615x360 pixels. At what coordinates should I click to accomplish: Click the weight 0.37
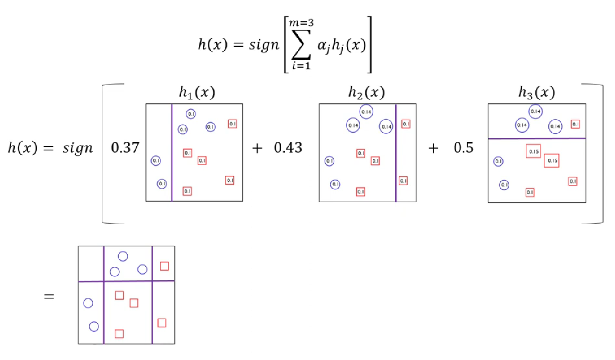point(125,148)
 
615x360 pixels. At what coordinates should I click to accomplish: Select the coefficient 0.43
point(288,148)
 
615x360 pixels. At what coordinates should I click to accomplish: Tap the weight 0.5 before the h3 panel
point(463,148)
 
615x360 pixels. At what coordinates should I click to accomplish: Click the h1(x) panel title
point(198,93)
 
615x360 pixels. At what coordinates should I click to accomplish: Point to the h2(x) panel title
point(367,93)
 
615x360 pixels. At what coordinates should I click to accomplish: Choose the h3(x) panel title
point(537,93)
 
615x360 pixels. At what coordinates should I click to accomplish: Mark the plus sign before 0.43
point(258,148)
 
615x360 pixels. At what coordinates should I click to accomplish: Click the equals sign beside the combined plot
point(49,297)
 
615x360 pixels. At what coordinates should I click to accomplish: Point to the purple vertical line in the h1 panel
point(172,152)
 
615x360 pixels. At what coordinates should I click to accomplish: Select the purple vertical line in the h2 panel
point(396,152)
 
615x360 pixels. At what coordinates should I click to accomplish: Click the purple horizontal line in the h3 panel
point(537,138)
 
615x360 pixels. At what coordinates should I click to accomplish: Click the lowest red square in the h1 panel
point(187,191)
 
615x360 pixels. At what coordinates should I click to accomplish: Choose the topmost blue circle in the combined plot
point(123,256)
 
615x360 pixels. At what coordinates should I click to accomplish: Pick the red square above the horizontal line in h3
point(575,124)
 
